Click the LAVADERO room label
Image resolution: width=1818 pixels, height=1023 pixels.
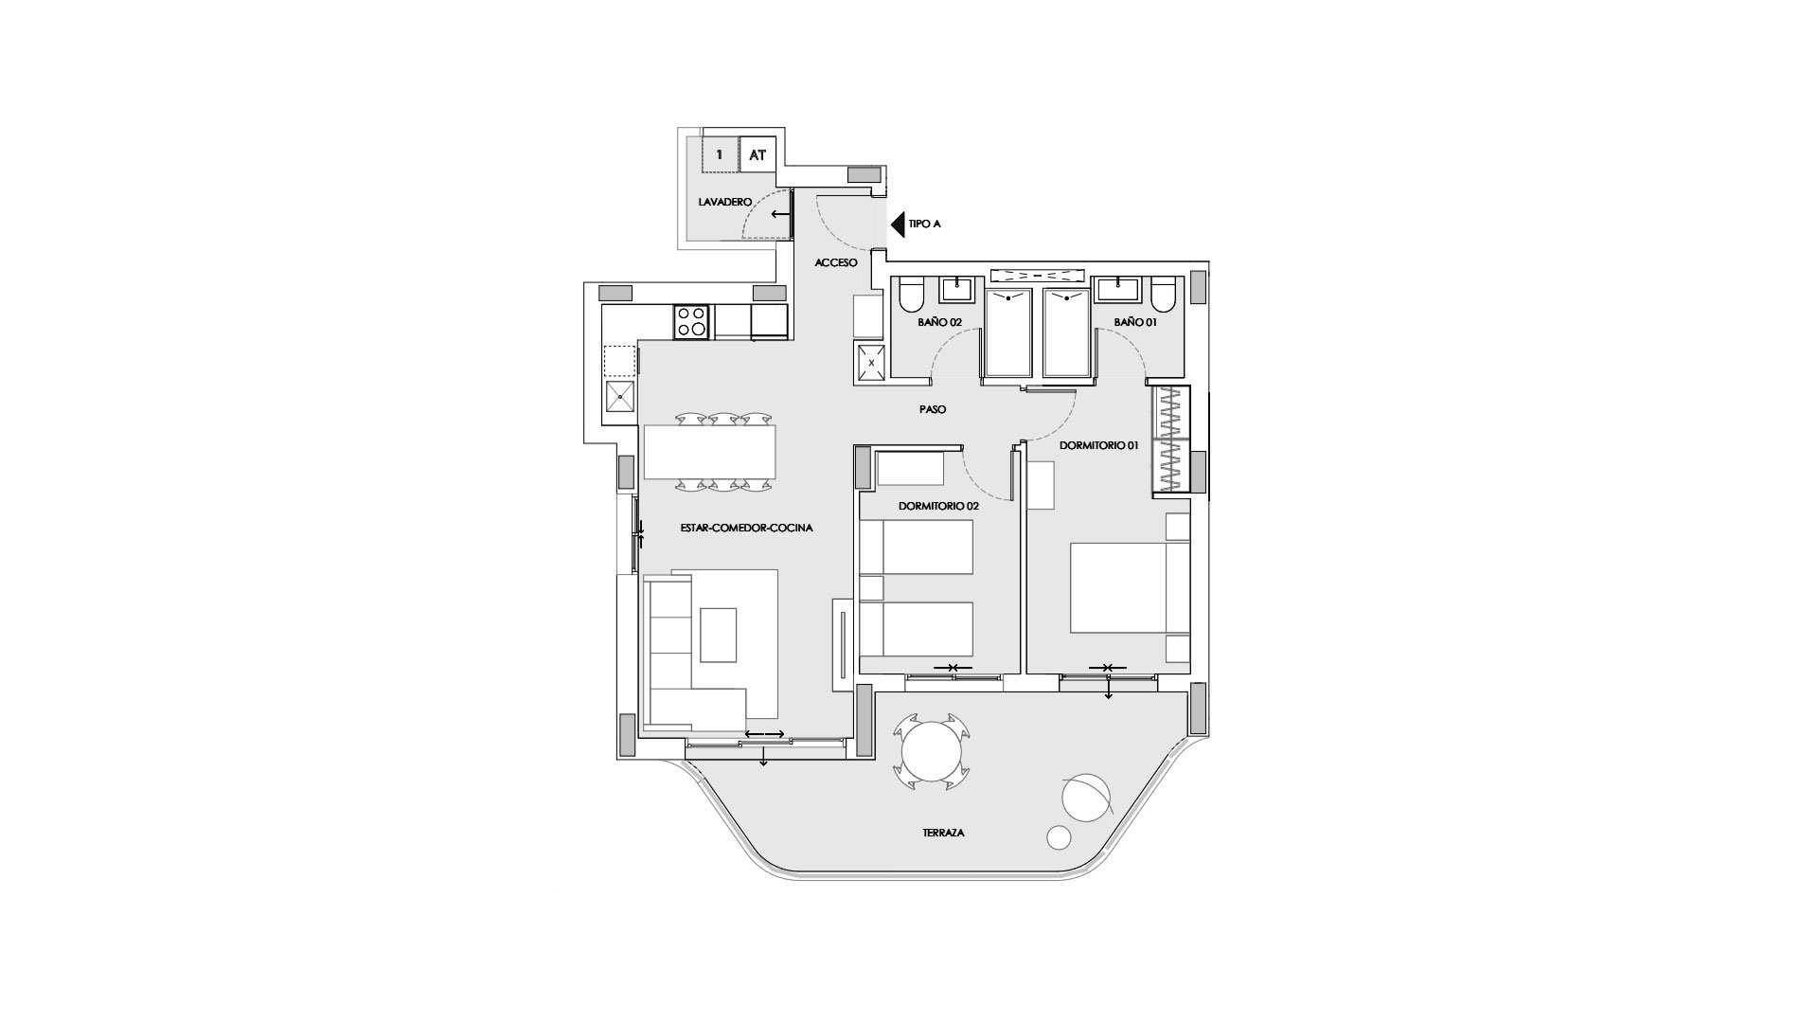pyautogui.click(x=724, y=203)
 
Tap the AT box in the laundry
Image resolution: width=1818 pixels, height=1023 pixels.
pyautogui.click(x=757, y=154)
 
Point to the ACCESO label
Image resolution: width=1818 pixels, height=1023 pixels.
pyautogui.click(x=836, y=262)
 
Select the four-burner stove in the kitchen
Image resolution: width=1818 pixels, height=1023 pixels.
pyautogui.click(x=691, y=321)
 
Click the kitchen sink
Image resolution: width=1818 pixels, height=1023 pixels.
pyautogui.click(x=619, y=398)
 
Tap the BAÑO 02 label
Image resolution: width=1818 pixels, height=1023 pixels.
pyautogui.click(x=939, y=322)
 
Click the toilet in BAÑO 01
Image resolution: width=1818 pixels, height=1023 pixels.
pyautogui.click(x=1165, y=295)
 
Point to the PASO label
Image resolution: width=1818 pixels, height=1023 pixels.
pyautogui.click(x=932, y=409)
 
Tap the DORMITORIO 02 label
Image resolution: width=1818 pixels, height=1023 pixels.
pyautogui.click(x=938, y=506)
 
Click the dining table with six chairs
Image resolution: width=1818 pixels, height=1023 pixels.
pyautogui.click(x=709, y=452)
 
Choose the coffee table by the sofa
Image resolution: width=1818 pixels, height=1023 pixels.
pyautogui.click(x=718, y=634)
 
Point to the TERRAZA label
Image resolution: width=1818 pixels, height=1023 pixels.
pyautogui.click(x=943, y=833)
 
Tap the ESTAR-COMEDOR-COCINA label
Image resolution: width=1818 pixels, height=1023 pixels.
pyautogui.click(x=746, y=528)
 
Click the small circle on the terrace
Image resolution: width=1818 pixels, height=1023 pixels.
pyautogui.click(x=1059, y=837)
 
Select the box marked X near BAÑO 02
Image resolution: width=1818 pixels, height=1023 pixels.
pyautogui.click(x=871, y=362)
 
